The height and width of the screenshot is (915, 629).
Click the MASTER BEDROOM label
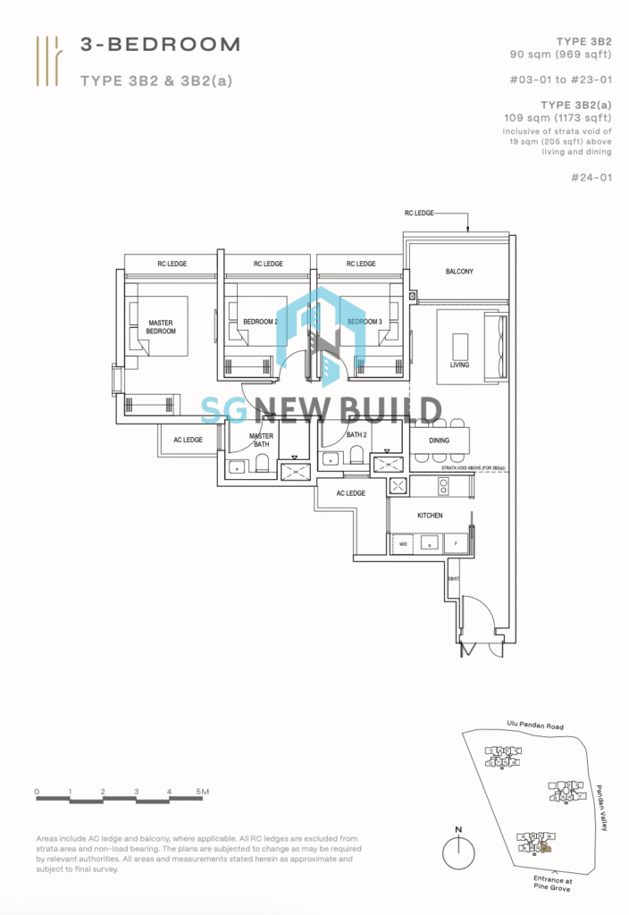click(162, 326)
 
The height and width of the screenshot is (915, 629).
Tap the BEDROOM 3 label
click(365, 322)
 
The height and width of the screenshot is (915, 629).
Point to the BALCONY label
click(458, 271)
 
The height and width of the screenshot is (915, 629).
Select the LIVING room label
click(459, 365)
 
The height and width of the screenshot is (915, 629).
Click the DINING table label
click(439, 441)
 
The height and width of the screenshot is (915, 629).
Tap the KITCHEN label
click(430, 516)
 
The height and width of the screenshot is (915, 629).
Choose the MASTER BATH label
click(261, 440)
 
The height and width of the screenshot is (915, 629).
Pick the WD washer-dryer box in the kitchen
click(403, 542)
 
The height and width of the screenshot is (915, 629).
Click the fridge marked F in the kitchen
click(457, 542)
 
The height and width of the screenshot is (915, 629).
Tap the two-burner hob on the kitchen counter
click(442, 486)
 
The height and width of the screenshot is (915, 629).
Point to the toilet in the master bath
click(263, 463)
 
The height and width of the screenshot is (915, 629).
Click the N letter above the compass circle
click(458, 829)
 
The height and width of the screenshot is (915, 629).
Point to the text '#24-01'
click(594, 177)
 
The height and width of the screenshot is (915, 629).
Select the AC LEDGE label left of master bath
click(188, 440)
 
